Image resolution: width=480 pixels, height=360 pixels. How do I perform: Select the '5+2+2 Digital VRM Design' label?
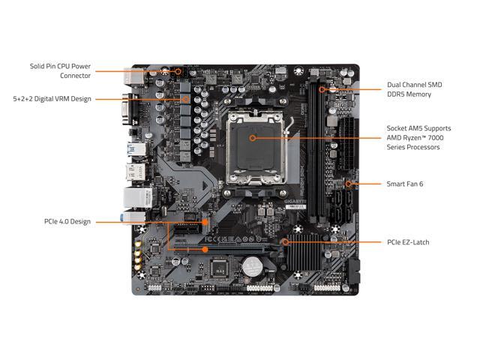(51, 98)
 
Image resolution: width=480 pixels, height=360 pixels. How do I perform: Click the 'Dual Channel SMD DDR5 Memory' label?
(414, 90)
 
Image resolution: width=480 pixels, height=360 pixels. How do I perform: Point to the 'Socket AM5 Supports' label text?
(418, 127)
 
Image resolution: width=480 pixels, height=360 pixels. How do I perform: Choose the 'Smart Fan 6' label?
(404, 183)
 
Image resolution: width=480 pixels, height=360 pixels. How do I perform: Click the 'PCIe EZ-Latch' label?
(408, 242)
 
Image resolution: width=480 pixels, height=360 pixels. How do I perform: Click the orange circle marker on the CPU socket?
(251, 138)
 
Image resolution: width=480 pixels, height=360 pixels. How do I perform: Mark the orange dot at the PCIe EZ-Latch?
(285, 242)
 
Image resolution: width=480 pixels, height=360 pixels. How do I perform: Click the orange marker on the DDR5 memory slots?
(322, 90)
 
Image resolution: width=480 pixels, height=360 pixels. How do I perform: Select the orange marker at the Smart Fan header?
(349, 182)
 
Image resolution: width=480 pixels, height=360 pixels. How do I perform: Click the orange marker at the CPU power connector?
(178, 71)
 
